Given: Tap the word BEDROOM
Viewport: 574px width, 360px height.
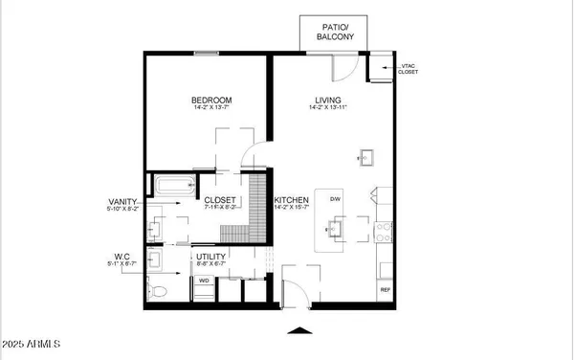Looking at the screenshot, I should [x=207, y=100].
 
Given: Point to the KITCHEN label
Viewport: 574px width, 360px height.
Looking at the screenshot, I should [x=293, y=200].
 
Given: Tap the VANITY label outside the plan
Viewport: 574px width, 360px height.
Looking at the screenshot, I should [x=124, y=201].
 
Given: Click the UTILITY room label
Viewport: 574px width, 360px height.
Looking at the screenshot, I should [x=210, y=258].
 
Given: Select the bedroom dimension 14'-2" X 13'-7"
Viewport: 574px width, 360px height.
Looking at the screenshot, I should [x=207, y=110].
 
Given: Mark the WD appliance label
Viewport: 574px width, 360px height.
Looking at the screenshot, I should [x=204, y=281].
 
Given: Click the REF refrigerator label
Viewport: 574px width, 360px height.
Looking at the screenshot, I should [x=386, y=289].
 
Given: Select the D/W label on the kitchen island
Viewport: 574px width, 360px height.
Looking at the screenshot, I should [x=336, y=199].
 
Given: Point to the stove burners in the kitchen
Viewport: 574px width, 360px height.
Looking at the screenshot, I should [x=386, y=229].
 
